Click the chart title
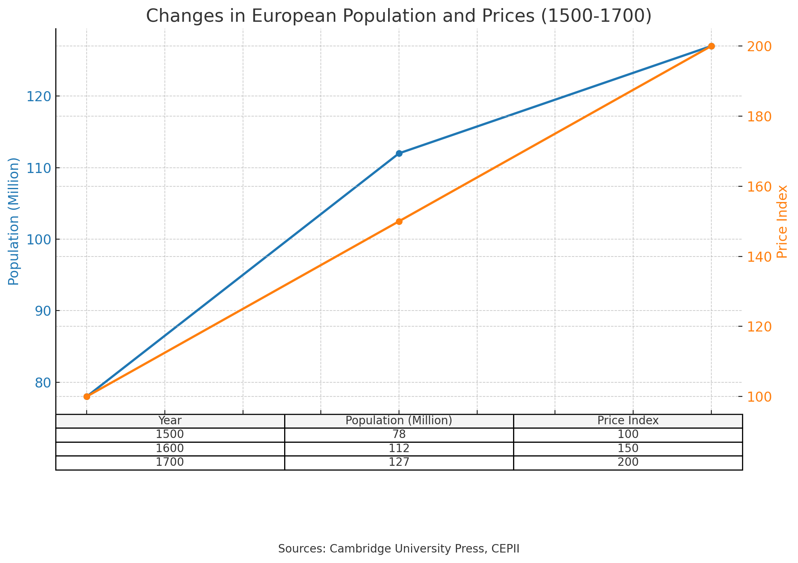[399, 16]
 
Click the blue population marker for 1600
[399, 153]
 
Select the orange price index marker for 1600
[399, 221]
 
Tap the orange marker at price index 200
[711, 46]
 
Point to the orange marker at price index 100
[87, 396]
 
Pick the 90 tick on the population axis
[40, 311]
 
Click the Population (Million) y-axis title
[14, 221]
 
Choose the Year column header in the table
[170, 421]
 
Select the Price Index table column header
[628, 421]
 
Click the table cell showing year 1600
[170, 448]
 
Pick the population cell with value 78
[399, 435]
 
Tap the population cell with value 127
[399, 462]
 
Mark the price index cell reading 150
[628, 448]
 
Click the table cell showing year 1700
[170, 462]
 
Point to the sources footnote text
[399, 548]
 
